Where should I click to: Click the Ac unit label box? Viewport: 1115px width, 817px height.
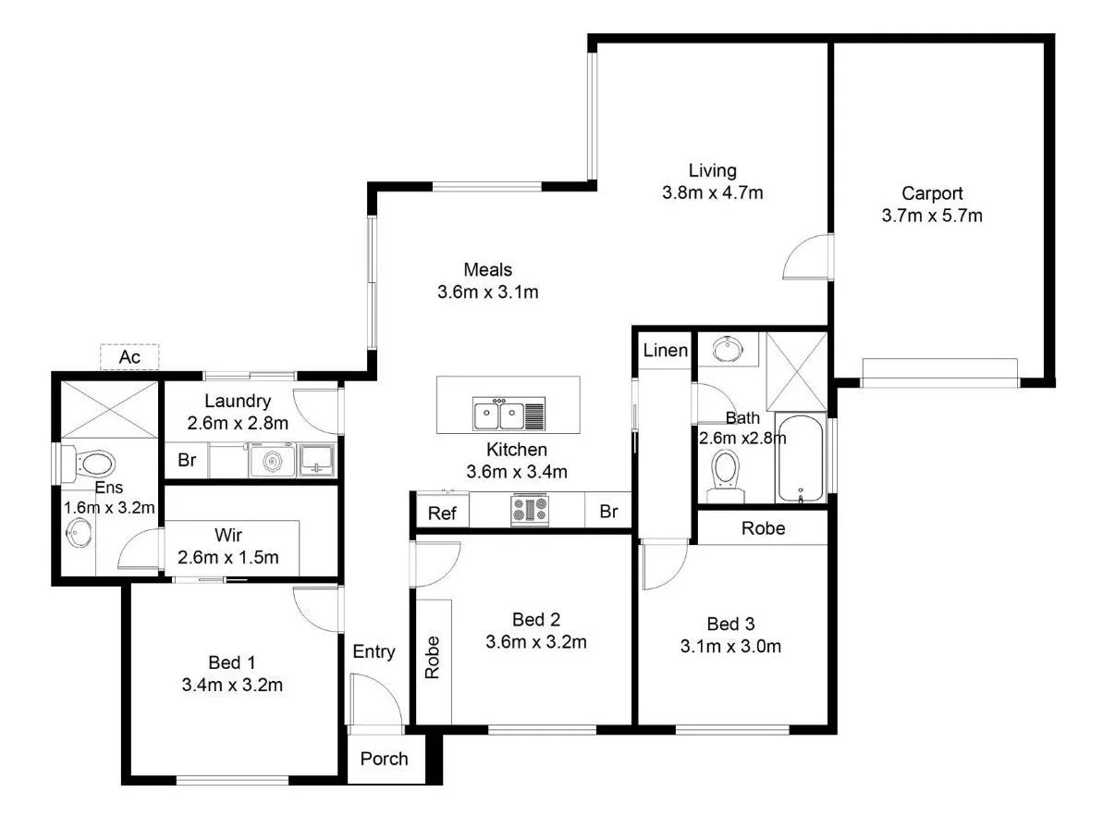point(129,357)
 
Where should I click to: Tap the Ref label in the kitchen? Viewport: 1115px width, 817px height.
point(442,512)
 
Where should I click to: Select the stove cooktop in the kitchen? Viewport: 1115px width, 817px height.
point(530,510)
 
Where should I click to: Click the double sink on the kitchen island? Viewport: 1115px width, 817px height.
point(498,415)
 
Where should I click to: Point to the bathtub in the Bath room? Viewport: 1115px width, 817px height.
point(801,458)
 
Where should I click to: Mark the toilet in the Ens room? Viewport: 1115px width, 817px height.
point(92,462)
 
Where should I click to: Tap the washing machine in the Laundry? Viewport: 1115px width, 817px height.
point(272,460)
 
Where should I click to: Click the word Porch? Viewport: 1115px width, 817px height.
point(384,759)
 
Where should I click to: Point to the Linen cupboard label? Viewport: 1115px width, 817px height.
point(666,351)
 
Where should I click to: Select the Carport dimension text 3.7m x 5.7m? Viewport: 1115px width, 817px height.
point(932,217)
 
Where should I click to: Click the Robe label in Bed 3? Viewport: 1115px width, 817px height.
point(763,528)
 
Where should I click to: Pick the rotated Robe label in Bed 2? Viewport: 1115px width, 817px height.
point(432,658)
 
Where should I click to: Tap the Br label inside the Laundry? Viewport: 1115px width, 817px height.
point(187,461)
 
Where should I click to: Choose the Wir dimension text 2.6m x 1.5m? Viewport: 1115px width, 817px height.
point(227,558)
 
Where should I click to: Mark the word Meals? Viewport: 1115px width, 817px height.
point(487,270)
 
